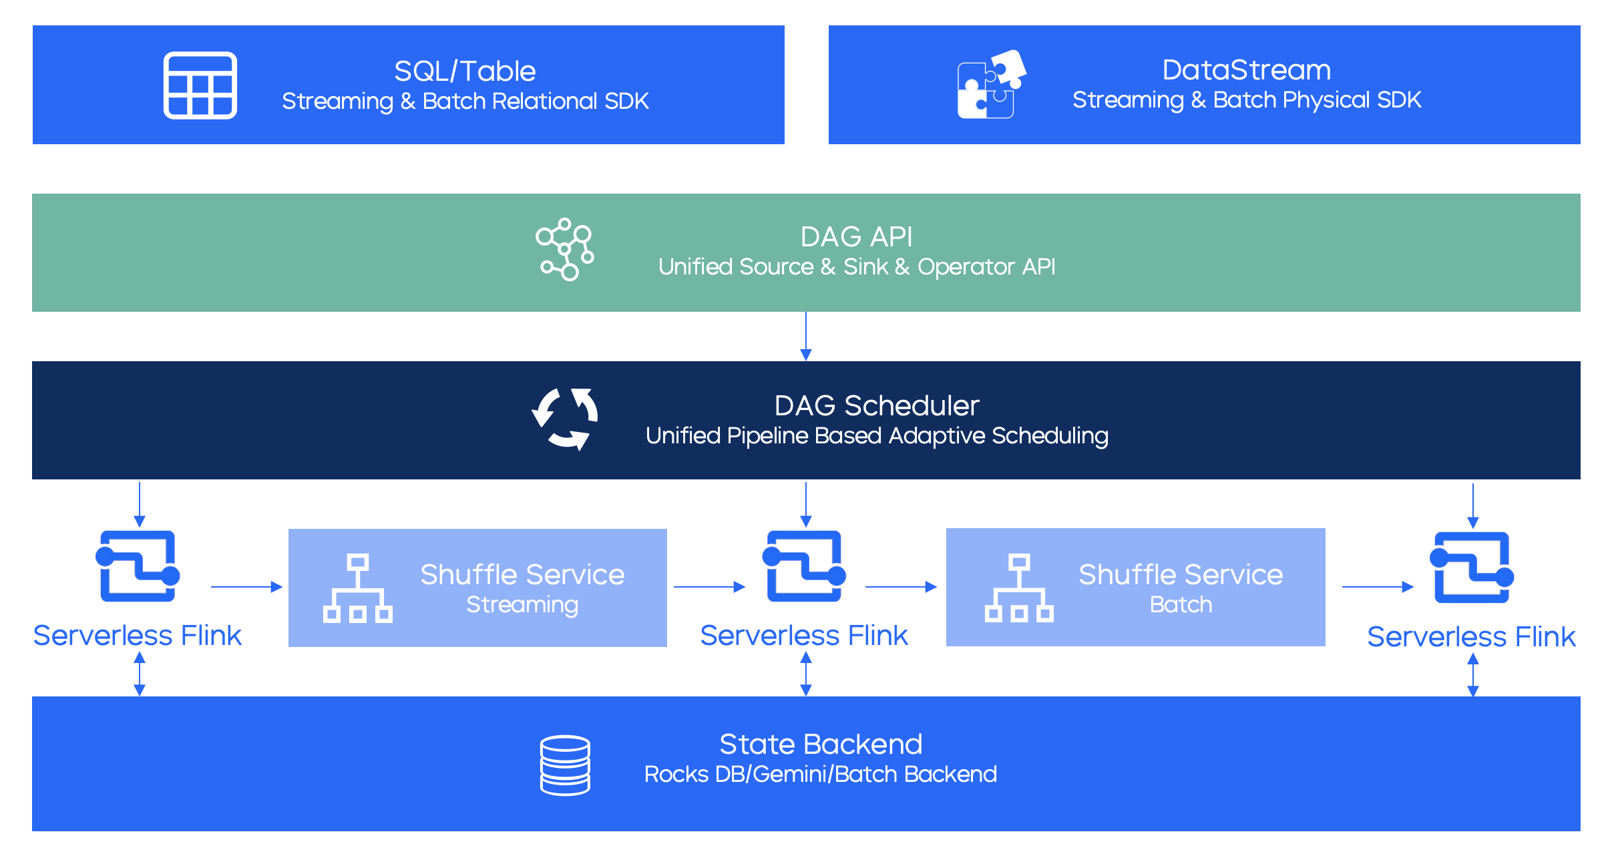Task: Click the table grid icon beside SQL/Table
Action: (x=200, y=85)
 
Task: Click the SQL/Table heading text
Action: (x=465, y=71)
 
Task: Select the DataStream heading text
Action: (x=1246, y=70)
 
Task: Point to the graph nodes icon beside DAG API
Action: (x=565, y=250)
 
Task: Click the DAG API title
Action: (x=856, y=237)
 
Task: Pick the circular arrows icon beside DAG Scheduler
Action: (x=565, y=419)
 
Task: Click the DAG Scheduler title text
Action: (x=876, y=406)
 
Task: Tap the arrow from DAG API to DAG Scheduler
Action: (x=806, y=336)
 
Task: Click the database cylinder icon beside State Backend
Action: (x=565, y=765)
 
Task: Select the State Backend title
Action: (x=821, y=744)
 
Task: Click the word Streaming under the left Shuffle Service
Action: (x=522, y=605)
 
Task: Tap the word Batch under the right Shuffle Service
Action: (x=1181, y=605)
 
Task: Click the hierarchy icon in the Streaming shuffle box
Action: (x=358, y=588)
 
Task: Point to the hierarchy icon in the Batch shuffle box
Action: (x=1019, y=588)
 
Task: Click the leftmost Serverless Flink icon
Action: (x=138, y=566)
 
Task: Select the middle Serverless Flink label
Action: (x=804, y=636)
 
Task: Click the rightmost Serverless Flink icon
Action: (x=1472, y=568)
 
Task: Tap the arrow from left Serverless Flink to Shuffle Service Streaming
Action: (x=246, y=587)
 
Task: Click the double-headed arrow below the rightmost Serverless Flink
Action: (x=1473, y=675)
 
